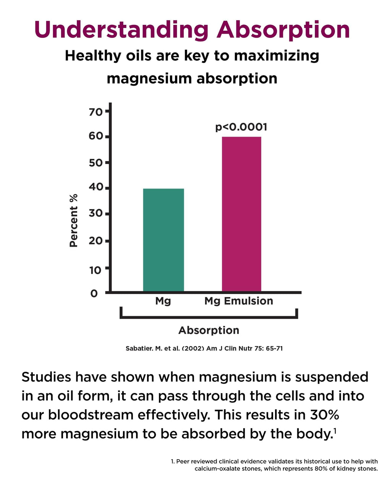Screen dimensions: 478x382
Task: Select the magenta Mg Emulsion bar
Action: tap(241, 214)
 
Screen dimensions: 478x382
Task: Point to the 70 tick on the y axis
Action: tap(96, 112)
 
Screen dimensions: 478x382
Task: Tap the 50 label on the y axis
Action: tap(96, 163)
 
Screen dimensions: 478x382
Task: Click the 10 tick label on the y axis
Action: tap(95, 270)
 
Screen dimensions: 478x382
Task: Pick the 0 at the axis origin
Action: tap(94, 293)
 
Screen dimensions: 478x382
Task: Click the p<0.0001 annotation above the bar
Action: tap(241, 127)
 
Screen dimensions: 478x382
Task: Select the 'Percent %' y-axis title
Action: tap(74, 221)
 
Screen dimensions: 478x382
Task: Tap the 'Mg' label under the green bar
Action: tap(163, 301)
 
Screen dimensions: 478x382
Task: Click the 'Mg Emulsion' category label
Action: tap(239, 301)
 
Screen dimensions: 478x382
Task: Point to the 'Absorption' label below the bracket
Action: tap(209, 330)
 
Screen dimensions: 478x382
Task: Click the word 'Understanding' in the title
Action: tap(121, 30)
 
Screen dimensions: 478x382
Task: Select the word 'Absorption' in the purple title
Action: tap(283, 30)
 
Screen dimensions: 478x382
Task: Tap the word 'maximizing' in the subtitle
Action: tap(277, 56)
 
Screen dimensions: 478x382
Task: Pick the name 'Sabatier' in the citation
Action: tap(139, 348)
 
